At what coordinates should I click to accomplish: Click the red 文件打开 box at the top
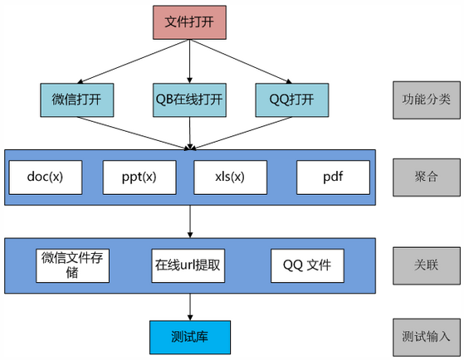tap(189, 22)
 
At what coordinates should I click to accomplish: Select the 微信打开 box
tap(77, 100)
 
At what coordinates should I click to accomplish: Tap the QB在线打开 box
tap(189, 100)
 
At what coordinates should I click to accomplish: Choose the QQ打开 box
tap(292, 100)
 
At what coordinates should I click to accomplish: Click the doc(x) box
tap(46, 178)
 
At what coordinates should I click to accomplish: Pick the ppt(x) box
tap(139, 178)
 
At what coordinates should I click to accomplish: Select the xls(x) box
tap(230, 178)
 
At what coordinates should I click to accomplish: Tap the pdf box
tap(333, 178)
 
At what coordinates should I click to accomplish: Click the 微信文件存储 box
tap(72, 265)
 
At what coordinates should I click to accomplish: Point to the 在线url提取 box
tap(188, 265)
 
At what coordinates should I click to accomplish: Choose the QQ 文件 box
tap(307, 265)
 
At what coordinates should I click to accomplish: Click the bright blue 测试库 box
tap(190, 338)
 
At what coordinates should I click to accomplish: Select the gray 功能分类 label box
tap(427, 100)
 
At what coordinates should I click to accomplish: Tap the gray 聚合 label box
tap(427, 178)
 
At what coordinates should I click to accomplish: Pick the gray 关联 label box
tap(427, 265)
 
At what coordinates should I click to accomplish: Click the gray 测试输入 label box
tap(427, 338)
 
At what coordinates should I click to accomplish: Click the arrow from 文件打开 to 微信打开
tap(133, 61)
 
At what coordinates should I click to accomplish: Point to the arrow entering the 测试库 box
tap(190, 307)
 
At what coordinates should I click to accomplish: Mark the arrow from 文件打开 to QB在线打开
tap(190, 61)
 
